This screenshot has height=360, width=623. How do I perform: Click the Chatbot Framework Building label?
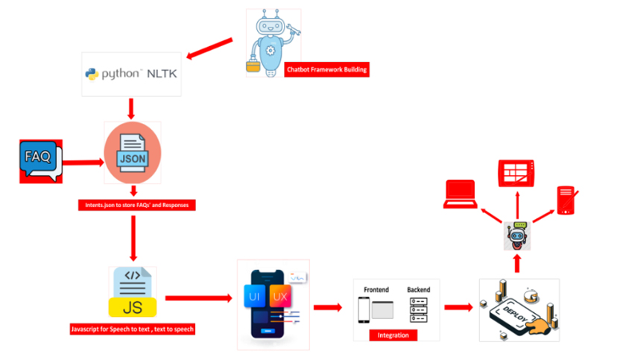[x=327, y=70]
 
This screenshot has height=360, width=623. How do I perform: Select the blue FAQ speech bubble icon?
[x=39, y=160]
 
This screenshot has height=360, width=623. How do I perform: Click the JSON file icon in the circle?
[x=133, y=154]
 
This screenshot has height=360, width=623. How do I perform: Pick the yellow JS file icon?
[x=133, y=291]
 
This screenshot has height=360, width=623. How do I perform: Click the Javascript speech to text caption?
[x=132, y=329]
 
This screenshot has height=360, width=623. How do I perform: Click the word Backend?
[x=419, y=289]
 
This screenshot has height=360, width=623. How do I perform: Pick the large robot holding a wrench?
[x=273, y=42]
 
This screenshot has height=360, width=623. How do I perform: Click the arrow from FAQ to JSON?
[x=83, y=161]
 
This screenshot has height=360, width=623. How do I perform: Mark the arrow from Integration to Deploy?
[x=458, y=306]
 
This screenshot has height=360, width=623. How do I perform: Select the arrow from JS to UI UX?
[x=198, y=298]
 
